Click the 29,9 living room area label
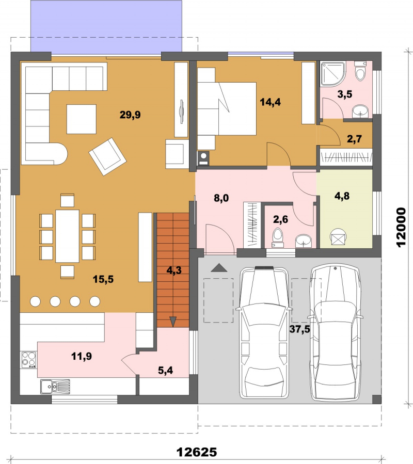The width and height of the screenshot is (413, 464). [130, 115]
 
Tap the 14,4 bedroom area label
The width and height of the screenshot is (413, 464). [270, 102]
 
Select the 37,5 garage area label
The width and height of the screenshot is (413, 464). [299, 329]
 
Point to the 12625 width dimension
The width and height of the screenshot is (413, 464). [197, 452]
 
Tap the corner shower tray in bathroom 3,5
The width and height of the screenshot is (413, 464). [333, 74]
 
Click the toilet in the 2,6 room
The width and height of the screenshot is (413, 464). [278, 237]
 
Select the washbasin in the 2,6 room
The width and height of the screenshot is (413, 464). [304, 241]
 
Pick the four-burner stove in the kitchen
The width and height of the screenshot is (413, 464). [29, 360]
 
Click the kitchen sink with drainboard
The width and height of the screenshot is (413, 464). [55, 387]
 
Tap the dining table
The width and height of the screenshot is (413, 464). [67, 236]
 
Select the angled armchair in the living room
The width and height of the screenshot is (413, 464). [107, 156]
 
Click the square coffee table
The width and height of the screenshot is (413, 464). [82, 119]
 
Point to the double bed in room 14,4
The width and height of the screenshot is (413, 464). [227, 108]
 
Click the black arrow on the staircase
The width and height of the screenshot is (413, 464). [173, 322]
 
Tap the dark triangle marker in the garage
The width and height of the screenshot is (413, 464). [219, 267]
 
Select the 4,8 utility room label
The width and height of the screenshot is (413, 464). [342, 196]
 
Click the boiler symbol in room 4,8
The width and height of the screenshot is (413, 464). [338, 237]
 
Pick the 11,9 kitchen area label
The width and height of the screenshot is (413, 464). [82, 356]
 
